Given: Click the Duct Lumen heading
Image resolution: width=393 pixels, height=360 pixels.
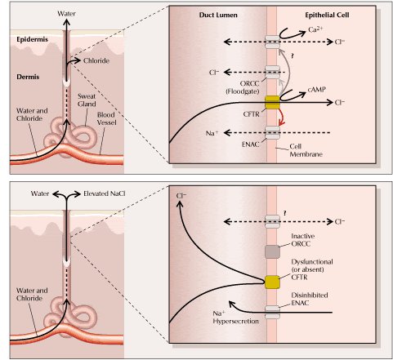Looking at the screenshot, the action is pyautogui.click(x=218, y=15).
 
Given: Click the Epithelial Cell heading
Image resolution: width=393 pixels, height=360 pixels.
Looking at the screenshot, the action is pyautogui.click(x=327, y=15).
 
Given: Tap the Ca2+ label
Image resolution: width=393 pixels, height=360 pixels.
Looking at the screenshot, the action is pyautogui.click(x=315, y=29).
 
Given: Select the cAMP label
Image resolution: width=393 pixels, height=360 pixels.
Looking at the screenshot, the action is pyautogui.click(x=317, y=90).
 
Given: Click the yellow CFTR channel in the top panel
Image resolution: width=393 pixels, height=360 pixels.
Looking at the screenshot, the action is pyautogui.click(x=272, y=102).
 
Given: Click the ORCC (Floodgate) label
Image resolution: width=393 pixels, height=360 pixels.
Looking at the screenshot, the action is pyautogui.click(x=243, y=87).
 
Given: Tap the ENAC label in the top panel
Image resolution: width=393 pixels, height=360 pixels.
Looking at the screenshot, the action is pyautogui.click(x=251, y=144).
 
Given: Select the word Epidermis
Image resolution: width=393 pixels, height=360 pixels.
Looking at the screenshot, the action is pyautogui.click(x=32, y=39).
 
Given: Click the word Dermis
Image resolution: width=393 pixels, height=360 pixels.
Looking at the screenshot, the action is pyautogui.click(x=28, y=77).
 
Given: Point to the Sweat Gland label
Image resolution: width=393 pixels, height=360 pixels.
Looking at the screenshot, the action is pyautogui.click(x=87, y=100).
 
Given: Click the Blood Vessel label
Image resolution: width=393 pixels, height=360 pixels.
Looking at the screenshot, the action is pyautogui.click(x=106, y=118).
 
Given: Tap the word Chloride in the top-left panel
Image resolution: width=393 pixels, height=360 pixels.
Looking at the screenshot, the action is pyautogui.click(x=96, y=60).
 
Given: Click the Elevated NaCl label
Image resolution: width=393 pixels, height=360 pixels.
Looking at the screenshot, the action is pyautogui.click(x=105, y=193).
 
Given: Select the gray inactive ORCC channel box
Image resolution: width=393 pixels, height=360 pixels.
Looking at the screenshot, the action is pyautogui.click(x=272, y=251).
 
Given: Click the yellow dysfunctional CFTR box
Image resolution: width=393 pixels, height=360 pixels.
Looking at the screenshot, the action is pyautogui.click(x=272, y=282).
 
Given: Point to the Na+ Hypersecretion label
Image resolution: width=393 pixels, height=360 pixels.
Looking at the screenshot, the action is pyautogui.click(x=235, y=318).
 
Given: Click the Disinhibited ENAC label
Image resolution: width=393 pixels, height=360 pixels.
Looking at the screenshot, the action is pyautogui.click(x=310, y=299).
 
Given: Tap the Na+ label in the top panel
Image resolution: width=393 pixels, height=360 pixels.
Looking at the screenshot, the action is pyautogui.click(x=212, y=133).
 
